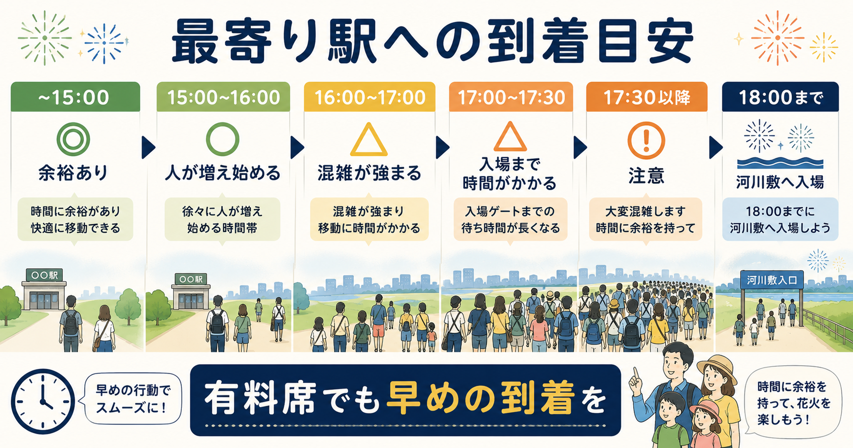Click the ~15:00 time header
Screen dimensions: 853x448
click(x=75, y=97)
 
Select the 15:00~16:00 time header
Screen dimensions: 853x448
click(x=223, y=97)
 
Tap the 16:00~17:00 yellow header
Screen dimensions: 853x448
click(x=370, y=97)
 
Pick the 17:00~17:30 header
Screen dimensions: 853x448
click(x=511, y=97)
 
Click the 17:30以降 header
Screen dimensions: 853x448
click(x=647, y=97)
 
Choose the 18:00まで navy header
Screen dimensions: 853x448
click(x=780, y=97)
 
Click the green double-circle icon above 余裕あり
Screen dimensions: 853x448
click(x=73, y=139)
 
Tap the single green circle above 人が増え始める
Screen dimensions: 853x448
click(x=223, y=139)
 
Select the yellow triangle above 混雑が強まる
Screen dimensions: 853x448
click(x=369, y=140)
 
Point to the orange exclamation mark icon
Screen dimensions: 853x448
click(x=646, y=140)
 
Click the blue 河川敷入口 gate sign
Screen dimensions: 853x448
click(x=772, y=280)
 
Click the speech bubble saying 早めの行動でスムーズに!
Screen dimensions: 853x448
click(x=133, y=398)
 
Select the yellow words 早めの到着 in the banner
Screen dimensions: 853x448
click(x=480, y=397)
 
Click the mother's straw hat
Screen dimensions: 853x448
click(x=716, y=368)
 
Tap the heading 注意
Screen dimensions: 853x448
click(x=646, y=175)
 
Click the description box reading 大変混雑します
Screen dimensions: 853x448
click(x=646, y=219)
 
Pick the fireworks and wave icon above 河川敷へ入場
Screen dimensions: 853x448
click(x=780, y=144)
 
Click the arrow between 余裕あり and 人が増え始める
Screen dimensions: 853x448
click(x=148, y=147)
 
